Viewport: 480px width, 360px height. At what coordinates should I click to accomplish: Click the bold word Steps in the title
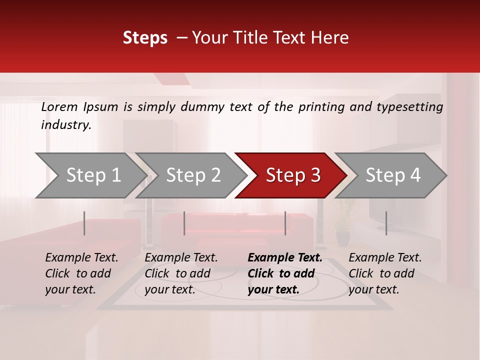tap(145, 38)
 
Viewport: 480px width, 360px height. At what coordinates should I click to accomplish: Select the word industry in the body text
tap(66, 125)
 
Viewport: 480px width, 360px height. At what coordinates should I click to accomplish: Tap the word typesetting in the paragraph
tap(409, 107)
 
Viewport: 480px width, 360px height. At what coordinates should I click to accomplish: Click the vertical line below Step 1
tap(84, 223)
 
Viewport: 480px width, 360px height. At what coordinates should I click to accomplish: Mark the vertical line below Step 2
tap(184, 223)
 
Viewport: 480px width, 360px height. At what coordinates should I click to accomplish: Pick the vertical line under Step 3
tap(285, 223)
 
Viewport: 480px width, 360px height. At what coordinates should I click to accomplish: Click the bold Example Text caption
tap(285, 273)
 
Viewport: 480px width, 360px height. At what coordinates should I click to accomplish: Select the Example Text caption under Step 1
tap(81, 273)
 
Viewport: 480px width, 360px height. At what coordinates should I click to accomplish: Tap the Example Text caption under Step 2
tap(181, 273)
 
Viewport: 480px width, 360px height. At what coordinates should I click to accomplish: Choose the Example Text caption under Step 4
tap(385, 273)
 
